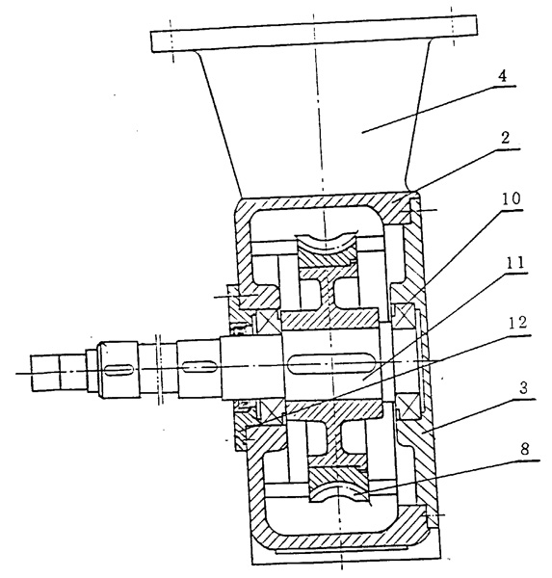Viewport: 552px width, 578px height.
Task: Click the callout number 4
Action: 502,76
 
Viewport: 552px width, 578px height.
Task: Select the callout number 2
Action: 505,138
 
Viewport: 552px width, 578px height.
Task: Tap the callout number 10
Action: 512,198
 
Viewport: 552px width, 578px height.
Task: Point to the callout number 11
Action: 514,263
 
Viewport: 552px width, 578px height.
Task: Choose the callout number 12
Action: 517,323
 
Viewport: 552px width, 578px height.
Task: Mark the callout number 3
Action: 524,388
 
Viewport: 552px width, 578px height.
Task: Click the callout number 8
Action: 525,449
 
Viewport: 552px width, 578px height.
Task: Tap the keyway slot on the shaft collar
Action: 118,370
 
